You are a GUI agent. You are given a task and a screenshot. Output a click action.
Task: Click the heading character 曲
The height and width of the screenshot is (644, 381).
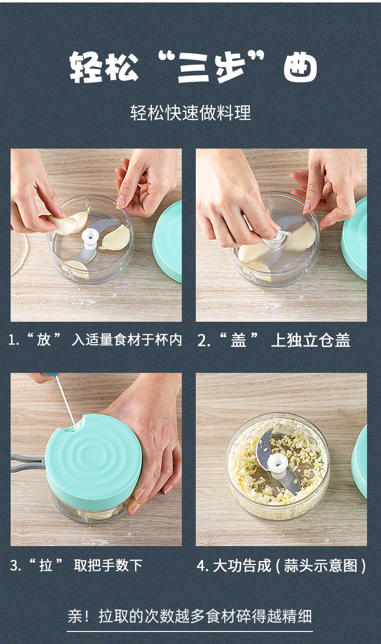point(300,67)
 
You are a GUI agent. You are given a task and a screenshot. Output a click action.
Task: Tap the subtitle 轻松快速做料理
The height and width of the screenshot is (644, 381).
point(191,113)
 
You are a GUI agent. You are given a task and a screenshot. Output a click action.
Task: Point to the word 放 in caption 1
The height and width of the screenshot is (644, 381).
point(44,340)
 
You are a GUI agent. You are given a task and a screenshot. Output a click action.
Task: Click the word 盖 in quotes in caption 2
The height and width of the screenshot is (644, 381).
point(238,340)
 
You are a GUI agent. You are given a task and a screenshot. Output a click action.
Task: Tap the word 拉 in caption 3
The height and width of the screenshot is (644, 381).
point(46,565)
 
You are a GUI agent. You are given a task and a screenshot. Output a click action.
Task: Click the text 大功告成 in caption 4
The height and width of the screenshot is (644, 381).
point(242,565)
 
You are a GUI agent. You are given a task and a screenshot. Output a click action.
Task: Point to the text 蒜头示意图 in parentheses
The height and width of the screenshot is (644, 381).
point(320,565)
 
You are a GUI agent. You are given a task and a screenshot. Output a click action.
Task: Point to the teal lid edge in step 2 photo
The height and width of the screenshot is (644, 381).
point(354,239)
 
